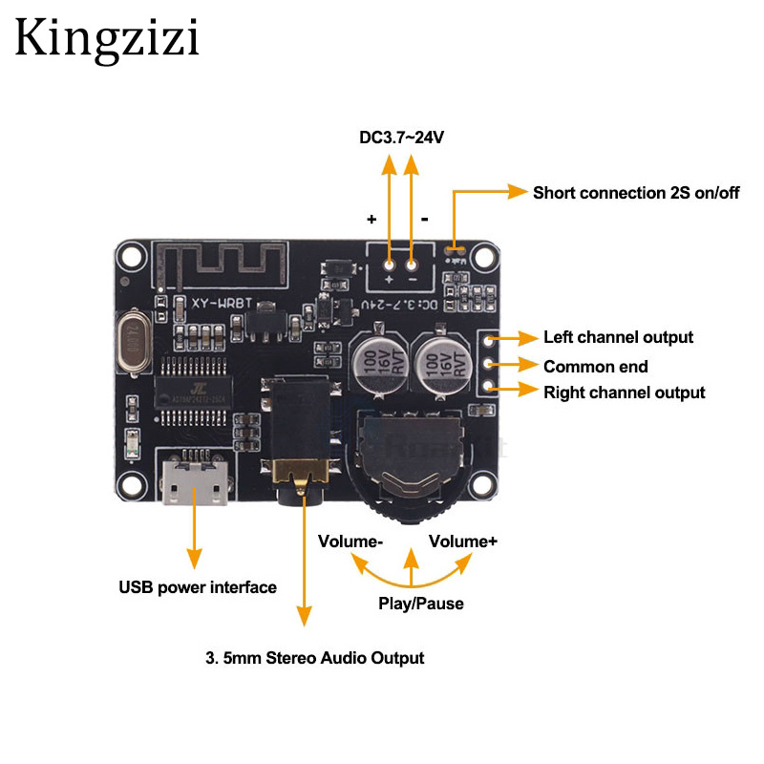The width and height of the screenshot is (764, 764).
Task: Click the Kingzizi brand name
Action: tap(106, 39)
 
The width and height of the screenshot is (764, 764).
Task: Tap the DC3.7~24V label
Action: tap(402, 138)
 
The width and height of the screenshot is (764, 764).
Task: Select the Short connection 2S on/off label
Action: tap(636, 192)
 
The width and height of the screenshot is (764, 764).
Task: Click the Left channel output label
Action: tap(618, 337)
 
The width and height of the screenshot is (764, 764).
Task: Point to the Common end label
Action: tap(595, 366)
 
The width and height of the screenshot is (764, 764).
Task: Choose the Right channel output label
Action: tap(624, 393)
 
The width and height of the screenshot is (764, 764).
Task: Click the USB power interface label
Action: tap(197, 587)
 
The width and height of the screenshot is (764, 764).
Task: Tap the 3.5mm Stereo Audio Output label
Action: tap(314, 657)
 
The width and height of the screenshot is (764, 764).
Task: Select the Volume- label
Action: tap(350, 541)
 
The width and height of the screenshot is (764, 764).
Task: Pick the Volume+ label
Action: tap(462, 541)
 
